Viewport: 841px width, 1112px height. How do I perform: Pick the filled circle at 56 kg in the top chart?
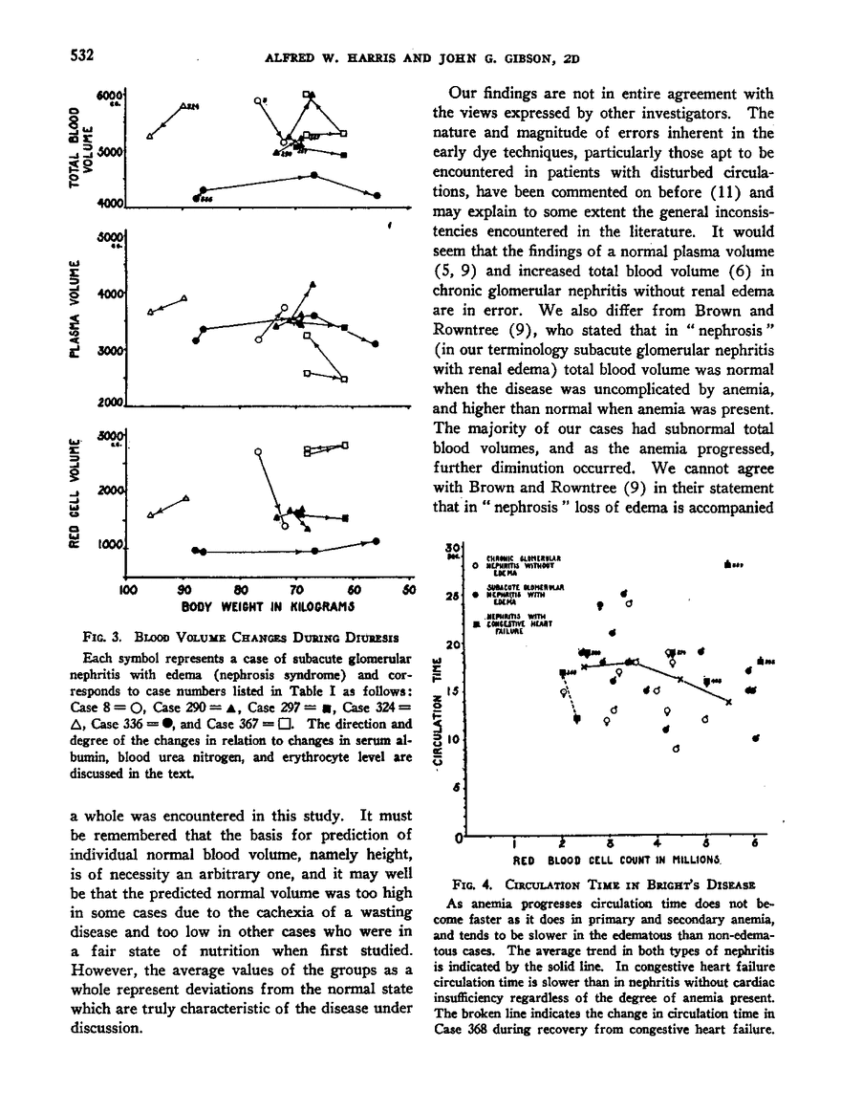tap(378, 195)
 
